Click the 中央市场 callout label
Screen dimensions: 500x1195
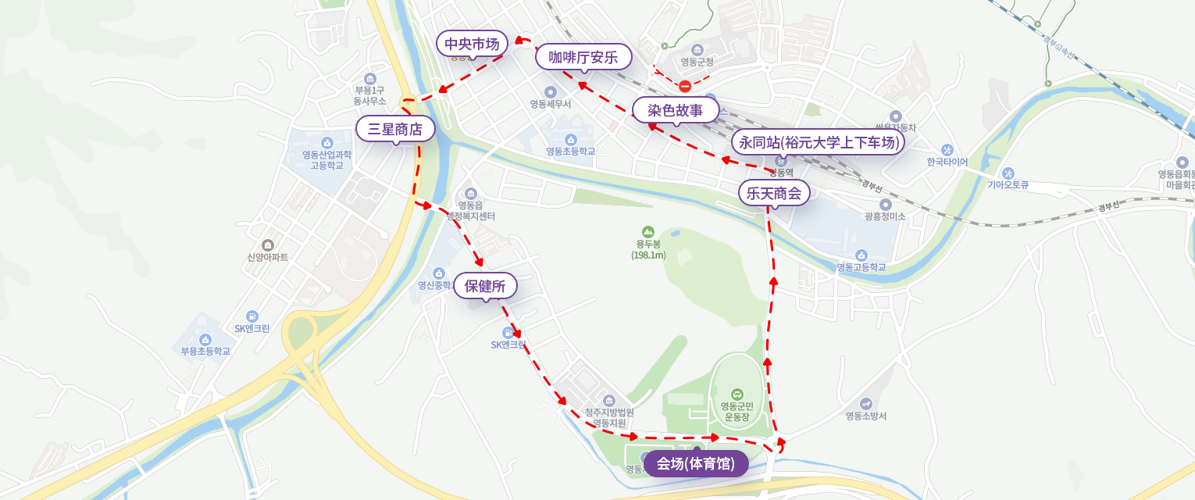(x=472, y=44)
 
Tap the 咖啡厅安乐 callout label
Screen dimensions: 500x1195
(x=583, y=57)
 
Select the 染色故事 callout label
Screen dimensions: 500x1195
(x=676, y=110)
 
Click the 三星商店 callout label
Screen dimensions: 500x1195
(x=395, y=129)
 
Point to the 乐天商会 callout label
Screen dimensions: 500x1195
(x=774, y=193)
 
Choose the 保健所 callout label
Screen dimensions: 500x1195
(x=485, y=286)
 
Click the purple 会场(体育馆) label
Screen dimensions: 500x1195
(x=696, y=463)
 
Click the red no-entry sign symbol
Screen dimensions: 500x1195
(x=685, y=86)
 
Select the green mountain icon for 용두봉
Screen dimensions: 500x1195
(x=647, y=231)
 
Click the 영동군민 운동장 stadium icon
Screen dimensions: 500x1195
(x=737, y=394)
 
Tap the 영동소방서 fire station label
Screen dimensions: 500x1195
(x=866, y=416)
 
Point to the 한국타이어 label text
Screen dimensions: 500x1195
(x=947, y=162)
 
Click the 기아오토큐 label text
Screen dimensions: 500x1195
(x=1008, y=185)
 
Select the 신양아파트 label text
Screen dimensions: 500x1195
(x=268, y=257)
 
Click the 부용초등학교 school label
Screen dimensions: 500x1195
(x=205, y=351)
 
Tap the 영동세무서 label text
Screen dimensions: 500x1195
(x=551, y=104)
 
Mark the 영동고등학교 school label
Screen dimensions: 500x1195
(x=861, y=267)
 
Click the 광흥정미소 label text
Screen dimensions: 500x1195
(x=885, y=216)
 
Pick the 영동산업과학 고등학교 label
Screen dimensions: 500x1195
(x=327, y=159)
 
